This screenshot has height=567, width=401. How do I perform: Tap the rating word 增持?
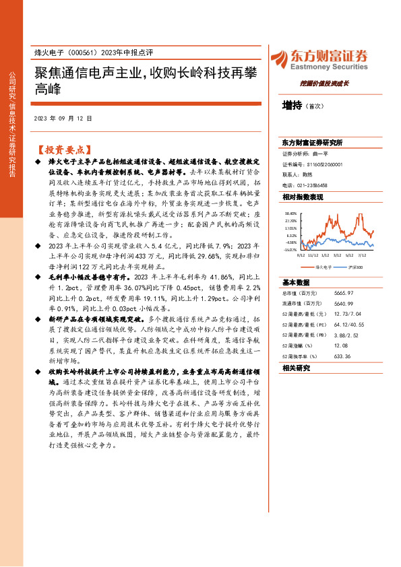(292, 106)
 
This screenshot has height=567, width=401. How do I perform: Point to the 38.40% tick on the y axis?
(290, 212)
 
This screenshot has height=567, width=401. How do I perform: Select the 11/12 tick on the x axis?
(313, 255)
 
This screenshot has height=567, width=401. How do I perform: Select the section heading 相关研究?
(297, 368)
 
